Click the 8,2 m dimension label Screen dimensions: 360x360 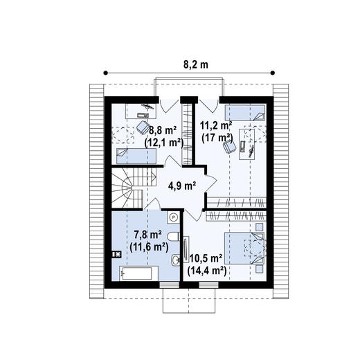(x=195, y=64)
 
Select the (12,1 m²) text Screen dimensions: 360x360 (x=163, y=143)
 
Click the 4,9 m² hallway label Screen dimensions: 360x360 (x=182, y=185)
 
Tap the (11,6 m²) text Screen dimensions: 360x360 (x=149, y=246)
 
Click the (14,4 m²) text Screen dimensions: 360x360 (x=207, y=271)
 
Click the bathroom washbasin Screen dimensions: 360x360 (x=175, y=262)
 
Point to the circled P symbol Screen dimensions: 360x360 (x=174, y=217)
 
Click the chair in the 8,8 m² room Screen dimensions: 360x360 (x=143, y=126)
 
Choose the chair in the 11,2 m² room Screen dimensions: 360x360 (x=244, y=145)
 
